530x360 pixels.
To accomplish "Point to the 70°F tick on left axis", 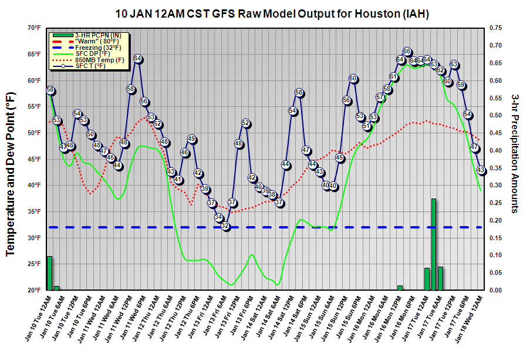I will click(33, 28).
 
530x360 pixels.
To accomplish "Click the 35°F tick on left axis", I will click(33, 211).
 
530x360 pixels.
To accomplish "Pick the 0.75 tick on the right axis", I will click(496, 28).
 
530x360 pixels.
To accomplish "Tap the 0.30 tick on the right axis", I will click(496, 186).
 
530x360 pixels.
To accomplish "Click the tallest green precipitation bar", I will click(434, 244).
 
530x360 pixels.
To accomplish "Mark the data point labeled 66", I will click(407, 52).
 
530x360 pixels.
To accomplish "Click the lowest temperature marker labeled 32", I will click(225, 226).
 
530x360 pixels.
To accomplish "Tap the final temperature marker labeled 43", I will click(481, 170).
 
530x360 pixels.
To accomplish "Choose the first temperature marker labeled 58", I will click(50, 90).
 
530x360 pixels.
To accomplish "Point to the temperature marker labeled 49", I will click(191, 139).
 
